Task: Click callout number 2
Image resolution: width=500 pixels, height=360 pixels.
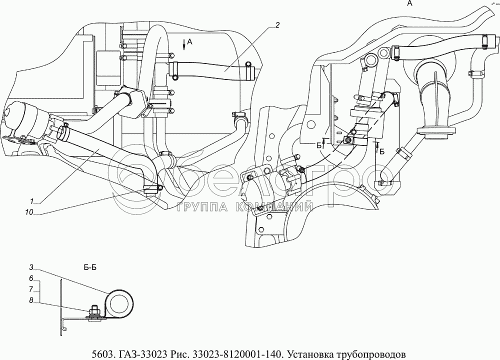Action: pos(277,25)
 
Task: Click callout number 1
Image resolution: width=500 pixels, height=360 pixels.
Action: pos(31,201)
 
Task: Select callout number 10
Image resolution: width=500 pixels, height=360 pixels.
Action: pos(29,212)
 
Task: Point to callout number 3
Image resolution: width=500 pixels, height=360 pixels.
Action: pos(31,267)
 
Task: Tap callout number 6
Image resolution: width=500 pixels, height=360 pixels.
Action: pos(31,278)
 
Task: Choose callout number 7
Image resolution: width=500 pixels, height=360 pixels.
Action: pos(31,289)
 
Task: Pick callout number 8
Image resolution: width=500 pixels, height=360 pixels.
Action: pos(31,300)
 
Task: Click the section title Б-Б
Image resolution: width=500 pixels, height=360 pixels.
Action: pos(90,267)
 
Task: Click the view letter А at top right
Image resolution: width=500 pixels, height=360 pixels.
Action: pos(410,3)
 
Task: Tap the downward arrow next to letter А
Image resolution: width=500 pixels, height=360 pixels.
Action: pos(184,44)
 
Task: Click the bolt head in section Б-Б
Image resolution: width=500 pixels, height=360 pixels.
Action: pos(94,309)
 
